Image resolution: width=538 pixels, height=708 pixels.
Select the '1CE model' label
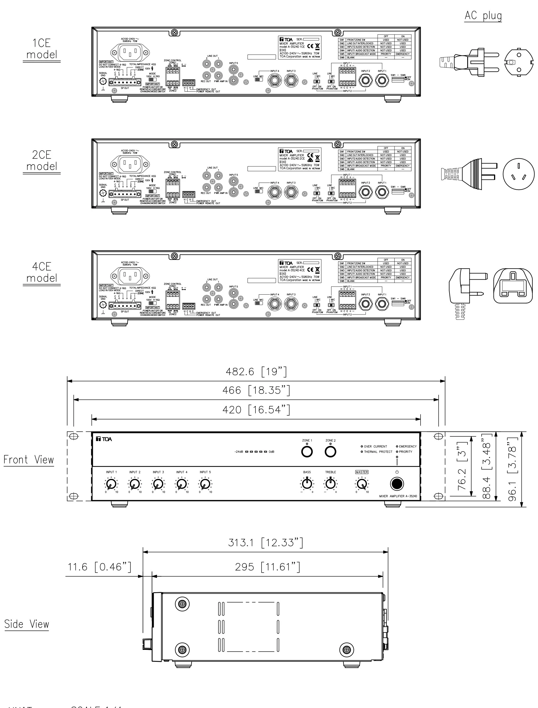[x=42, y=49]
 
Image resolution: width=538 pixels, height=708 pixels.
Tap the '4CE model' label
[x=42, y=272]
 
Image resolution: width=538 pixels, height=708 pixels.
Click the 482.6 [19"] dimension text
[x=256, y=372]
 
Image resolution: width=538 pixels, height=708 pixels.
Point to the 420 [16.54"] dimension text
[x=256, y=410]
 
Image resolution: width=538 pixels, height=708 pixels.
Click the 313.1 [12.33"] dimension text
[x=265, y=542]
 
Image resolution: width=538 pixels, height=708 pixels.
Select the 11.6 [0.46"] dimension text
[x=99, y=567]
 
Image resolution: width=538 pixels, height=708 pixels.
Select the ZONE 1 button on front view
[x=307, y=452]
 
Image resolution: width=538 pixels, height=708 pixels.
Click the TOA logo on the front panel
[x=104, y=439]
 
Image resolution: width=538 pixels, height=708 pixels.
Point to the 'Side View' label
[x=27, y=624]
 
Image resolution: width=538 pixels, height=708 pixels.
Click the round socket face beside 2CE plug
[x=518, y=174]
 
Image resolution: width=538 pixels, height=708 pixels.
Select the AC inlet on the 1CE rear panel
[x=130, y=52]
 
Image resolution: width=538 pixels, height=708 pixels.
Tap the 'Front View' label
[x=28, y=460]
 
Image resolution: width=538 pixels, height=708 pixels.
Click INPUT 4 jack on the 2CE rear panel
[x=274, y=192]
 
